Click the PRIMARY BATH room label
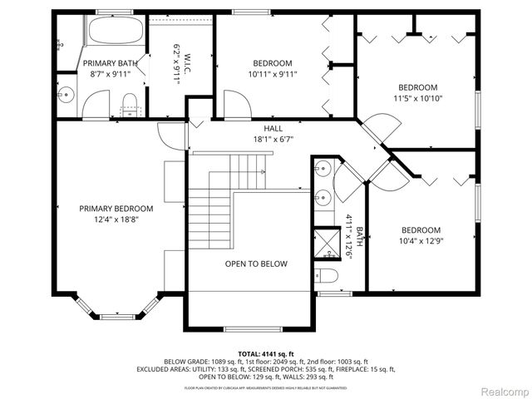coord(111,62)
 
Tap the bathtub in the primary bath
coord(116,32)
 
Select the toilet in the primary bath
coord(129,103)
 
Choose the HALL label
coord(273,129)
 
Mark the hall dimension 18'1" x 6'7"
coord(273,140)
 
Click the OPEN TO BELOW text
coord(256,264)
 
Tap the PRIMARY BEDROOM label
coord(116,209)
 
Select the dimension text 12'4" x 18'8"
coord(116,219)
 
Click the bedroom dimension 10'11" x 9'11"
coord(273,74)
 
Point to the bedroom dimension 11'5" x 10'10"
coord(417,99)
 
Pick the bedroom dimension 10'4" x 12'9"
coord(421,241)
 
